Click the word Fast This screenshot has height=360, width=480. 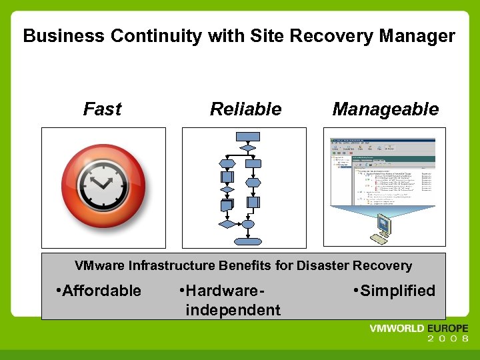pyautogui.click(x=102, y=109)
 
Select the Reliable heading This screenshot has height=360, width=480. pyautogui.click(x=245, y=109)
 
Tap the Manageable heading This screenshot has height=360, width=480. pyautogui.click(x=385, y=109)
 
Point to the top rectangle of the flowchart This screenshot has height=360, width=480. pyautogui.click(x=248, y=136)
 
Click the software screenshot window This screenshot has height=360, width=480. pyautogui.click(x=383, y=172)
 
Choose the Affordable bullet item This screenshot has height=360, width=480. pyautogui.click(x=100, y=291)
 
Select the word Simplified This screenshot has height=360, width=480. pyautogui.click(x=397, y=291)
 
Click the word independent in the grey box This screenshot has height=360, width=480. pyautogui.click(x=233, y=310)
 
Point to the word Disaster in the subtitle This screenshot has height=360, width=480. pyautogui.click(x=323, y=265)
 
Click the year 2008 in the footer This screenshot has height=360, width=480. pyautogui.click(x=447, y=339)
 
